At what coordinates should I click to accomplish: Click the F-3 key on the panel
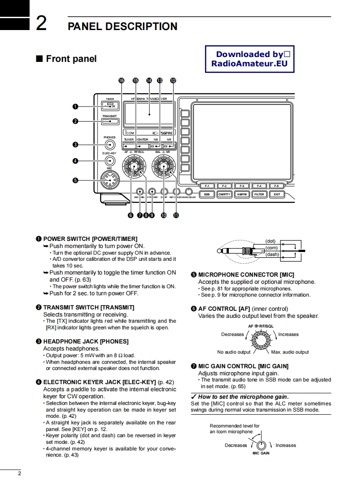[242, 186]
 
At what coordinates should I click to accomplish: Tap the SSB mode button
[207, 195]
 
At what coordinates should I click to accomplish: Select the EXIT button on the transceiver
[277, 195]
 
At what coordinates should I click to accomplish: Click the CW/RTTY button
[224, 195]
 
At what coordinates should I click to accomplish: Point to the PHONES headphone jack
[110, 145]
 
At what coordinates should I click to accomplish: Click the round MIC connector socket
[109, 180]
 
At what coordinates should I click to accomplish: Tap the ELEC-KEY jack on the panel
[110, 161]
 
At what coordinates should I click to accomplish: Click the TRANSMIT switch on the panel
[110, 121]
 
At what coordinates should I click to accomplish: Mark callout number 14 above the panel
[149, 80]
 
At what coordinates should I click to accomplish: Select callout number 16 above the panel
[122, 80]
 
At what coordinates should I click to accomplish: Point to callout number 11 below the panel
[176, 216]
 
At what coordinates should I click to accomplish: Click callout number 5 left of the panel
[76, 180]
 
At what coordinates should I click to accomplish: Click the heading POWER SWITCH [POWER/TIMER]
[90, 239]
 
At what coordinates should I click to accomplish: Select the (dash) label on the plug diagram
[272, 254]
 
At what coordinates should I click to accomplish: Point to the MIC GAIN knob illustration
[261, 445]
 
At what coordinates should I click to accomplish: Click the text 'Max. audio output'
[290, 352]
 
